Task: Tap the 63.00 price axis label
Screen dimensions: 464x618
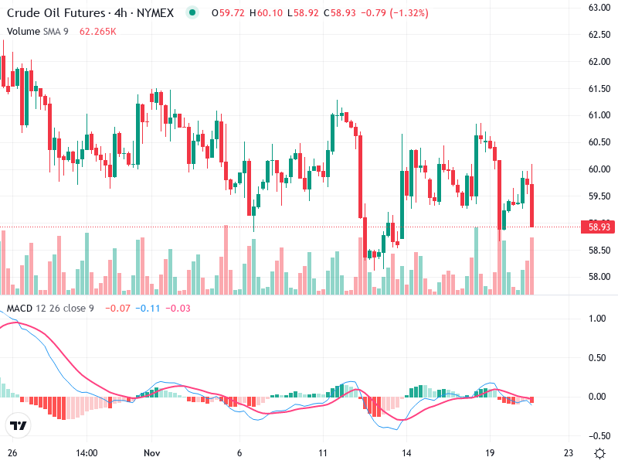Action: pyautogui.click(x=600, y=8)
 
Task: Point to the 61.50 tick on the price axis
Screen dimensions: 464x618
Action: pyautogui.click(x=600, y=88)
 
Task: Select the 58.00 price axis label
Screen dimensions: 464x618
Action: pyautogui.click(x=600, y=277)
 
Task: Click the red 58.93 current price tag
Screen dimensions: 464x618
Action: pyautogui.click(x=600, y=227)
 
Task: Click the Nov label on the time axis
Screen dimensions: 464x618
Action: pyautogui.click(x=151, y=452)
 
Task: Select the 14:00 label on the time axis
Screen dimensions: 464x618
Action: pyautogui.click(x=87, y=452)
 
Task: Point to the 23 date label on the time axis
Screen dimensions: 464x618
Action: pyautogui.click(x=569, y=452)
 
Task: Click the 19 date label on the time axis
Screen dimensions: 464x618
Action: pyautogui.click(x=489, y=452)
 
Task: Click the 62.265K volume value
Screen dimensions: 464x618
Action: pyautogui.click(x=98, y=32)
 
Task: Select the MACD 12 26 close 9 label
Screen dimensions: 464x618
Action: pyautogui.click(x=50, y=309)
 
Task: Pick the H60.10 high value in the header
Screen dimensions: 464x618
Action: pyautogui.click(x=270, y=13)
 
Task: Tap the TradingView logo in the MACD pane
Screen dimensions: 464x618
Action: pyautogui.click(x=18, y=426)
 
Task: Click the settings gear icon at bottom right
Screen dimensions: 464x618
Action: pyautogui.click(x=599, y=452)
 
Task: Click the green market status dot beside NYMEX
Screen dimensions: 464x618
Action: pyautogui.click(x=192, y=13)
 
